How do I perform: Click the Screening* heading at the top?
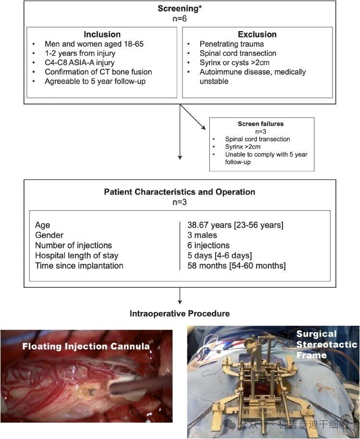(x=180, y=8)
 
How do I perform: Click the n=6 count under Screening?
(x=180, y=19)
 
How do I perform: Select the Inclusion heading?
(x=102, y=34)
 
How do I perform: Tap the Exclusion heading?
(x=257, y=34)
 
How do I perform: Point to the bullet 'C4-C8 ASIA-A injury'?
(x=79, y=63)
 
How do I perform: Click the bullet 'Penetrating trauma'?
(x=231, y=44)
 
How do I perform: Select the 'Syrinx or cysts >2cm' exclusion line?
(x=234, y=63)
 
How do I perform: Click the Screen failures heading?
(x=261, y=124)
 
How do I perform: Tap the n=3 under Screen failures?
(x=261, y=131)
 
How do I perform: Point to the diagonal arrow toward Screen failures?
(x=193, y=117)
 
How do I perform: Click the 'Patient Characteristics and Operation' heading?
(x=180, y=192)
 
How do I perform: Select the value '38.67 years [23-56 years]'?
(x=235, y=225)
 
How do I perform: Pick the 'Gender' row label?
(x=49, y=235)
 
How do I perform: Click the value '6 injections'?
(x=208, y=245)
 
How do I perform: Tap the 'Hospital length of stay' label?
(x=77, y=255)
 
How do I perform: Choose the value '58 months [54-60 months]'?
(x=236, y=265)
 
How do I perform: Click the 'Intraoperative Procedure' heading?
(x=180, y=313)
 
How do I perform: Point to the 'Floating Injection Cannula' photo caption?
(x=86, y=346)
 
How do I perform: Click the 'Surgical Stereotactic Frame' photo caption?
(x=326, y=344)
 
